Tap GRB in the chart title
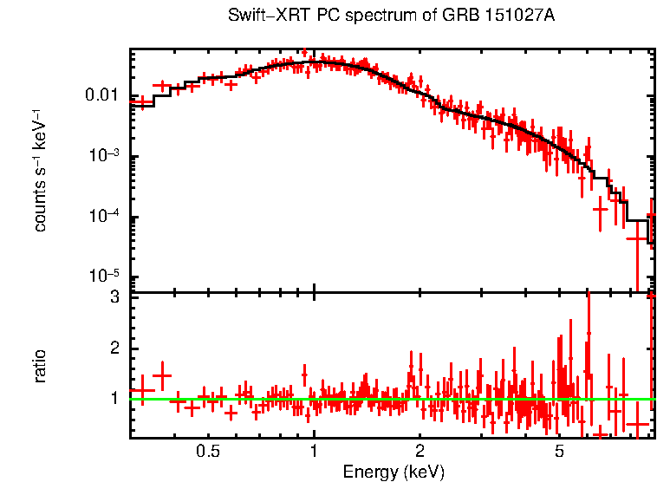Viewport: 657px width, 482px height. point(460,17)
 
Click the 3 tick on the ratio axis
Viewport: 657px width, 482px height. point(114,297)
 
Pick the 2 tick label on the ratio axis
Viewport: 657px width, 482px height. point(114,348)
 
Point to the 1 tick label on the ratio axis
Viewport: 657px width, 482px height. point(114,399)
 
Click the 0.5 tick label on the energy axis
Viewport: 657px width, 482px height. point(207,453)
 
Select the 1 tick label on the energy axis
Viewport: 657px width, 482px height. point(313,453)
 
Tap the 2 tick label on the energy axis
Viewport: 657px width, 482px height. point(420,453)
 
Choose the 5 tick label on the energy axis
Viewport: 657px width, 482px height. point(559,453)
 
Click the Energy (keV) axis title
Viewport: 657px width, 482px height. point(394,472)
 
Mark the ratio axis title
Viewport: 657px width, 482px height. point(40,366)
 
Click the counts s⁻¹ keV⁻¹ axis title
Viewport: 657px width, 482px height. point(40,170)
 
